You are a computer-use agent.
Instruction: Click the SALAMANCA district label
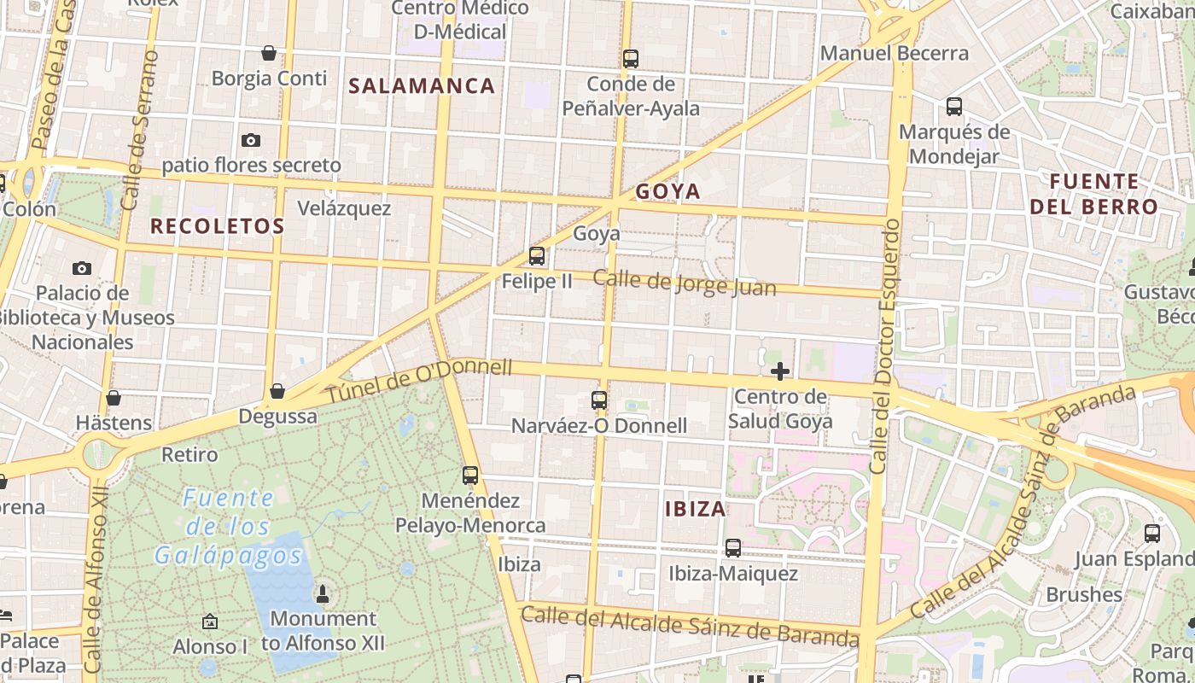pyautogui.click(x=422, y=85)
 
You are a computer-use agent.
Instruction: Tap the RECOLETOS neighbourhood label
pyautogui.click(x=217, y=226)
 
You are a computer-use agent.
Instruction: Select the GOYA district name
pyautogui.click(x=667, y=191)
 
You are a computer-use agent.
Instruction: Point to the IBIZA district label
pyautogui.click(x=696, y=510)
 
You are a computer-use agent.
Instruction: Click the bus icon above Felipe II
pyautogui.click(x=537, y=255)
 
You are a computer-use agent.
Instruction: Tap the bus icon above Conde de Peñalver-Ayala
pyautogui.click(x=631, y=59)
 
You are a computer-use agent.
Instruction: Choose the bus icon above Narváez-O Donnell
pyautogui.click(x=599, y=400)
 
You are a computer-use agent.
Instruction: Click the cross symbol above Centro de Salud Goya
pyautogui.click(x=779, y=371)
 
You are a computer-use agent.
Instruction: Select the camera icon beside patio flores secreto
pyautogui.click(x=250, y=140)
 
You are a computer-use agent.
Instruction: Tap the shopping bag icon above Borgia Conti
pyautogui.click(x=269, y=53)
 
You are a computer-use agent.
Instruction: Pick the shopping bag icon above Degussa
pyautogui.click(x=277, y=392)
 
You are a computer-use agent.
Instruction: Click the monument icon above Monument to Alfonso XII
pyautogui.click(x=323, y=593)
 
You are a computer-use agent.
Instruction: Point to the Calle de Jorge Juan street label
pyautogui.click(x=685, y=283)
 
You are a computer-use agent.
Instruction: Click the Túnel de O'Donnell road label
pyautogui.click(x=419, y=381)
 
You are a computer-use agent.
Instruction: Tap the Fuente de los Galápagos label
pyautogui.click(x=229, y=527)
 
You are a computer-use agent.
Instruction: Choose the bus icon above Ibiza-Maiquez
pyautogui.click(x=733, y=547)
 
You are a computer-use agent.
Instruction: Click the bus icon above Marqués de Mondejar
pyautogui.click(x=954, y=107)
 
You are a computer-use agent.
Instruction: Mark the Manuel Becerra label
pyautogui.click(x=894, y=53)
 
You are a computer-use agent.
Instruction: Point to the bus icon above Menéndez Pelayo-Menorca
pyautogui.click(x=470, y=476)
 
